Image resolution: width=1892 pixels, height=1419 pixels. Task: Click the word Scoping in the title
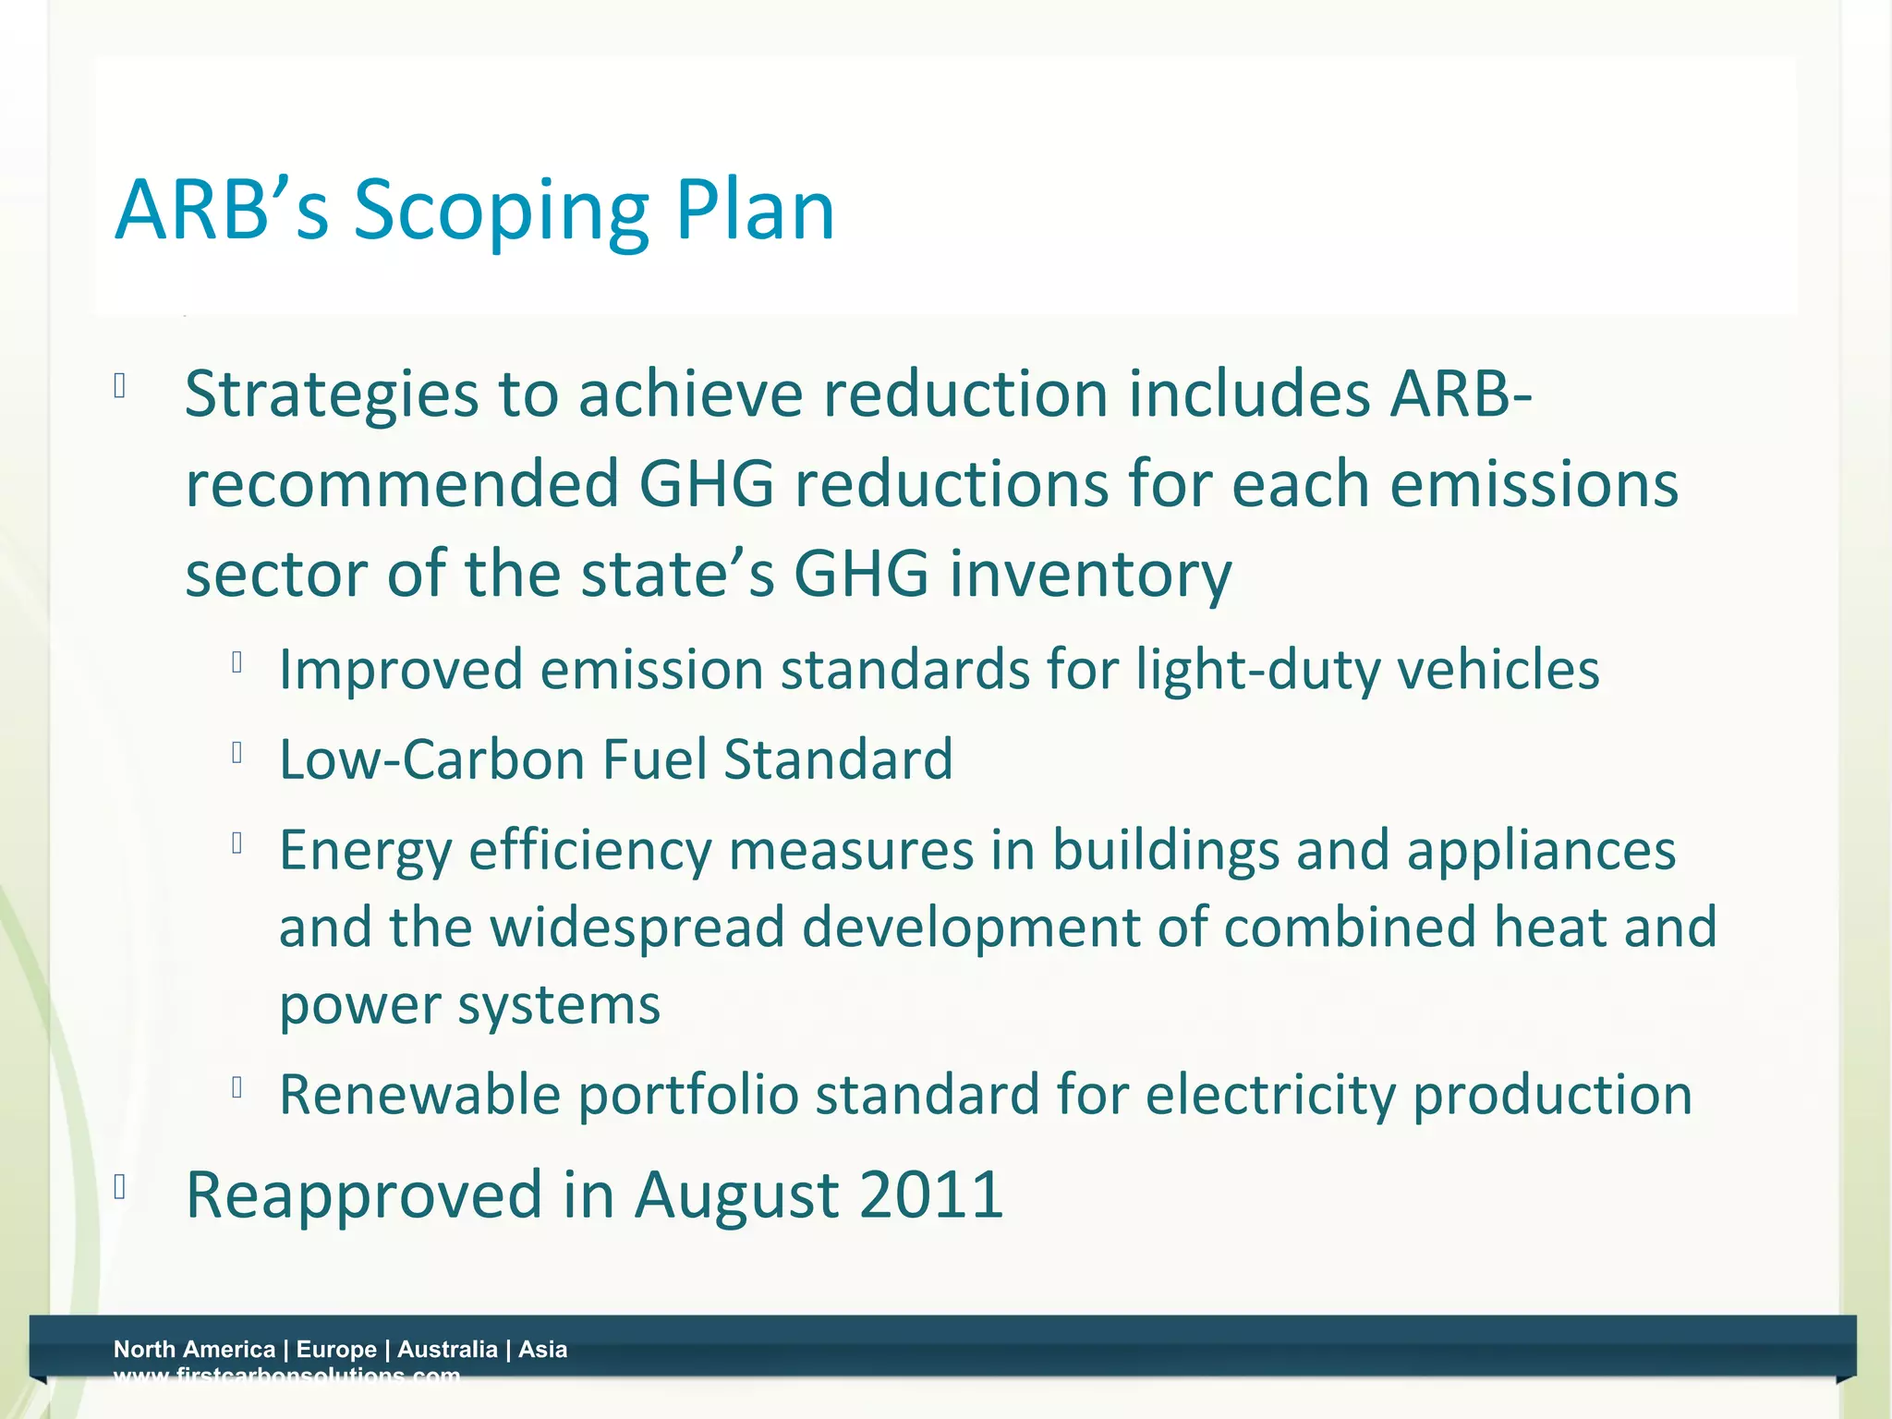click(x=502, y=212)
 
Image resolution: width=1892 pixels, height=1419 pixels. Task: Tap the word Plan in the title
click(x=755, y=211)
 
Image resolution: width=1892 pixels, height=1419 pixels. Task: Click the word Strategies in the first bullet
click(x=331, y=395)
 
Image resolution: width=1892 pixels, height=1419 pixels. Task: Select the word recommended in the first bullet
click(x=402, y=484)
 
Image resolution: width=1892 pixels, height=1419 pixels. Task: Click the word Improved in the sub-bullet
click(x=400, y=670)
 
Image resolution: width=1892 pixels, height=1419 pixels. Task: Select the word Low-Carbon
click(x=431, y=759)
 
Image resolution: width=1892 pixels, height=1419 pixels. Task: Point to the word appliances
click(x=1540, y=851)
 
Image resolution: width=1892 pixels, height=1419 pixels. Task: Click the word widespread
click(x=637, y=928)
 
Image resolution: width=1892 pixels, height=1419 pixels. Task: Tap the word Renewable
click(x=419, y=1095)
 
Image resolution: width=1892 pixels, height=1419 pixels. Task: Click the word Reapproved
click(x=363, y=1195)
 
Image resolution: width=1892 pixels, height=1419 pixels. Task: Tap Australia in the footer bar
click(x=447, y=1349)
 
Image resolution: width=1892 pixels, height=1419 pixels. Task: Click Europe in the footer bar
click(x=336, y=1349)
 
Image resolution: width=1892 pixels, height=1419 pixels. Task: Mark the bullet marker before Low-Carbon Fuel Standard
click(x=237, y=754)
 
